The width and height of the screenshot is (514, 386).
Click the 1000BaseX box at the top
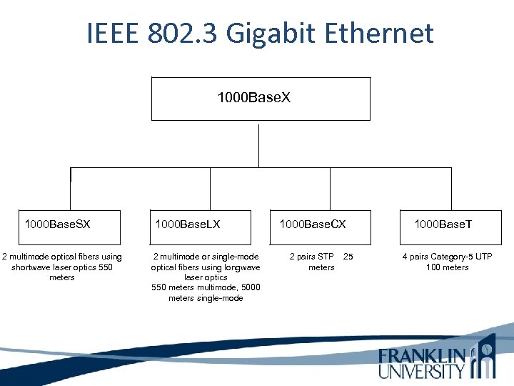coord(261,97)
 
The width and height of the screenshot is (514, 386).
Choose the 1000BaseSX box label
coord(57,224)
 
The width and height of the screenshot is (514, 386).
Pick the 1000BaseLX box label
coord(188,224)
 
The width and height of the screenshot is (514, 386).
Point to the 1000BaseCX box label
coord(312,224)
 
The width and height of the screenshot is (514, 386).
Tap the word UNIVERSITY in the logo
coord(422,370)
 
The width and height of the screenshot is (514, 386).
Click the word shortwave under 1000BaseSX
coord(32,267)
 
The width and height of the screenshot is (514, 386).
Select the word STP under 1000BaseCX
coord(326,257)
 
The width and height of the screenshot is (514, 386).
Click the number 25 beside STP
coord(348,257)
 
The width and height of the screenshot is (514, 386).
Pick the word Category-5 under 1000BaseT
coord(452,257)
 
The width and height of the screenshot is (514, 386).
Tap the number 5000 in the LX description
coord(251,287)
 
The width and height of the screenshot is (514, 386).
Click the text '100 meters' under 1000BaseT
coord(447,267)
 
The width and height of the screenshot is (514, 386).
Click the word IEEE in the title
coord(113,34)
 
